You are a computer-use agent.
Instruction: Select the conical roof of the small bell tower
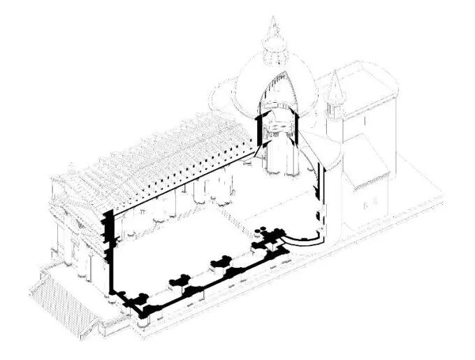(335, 88)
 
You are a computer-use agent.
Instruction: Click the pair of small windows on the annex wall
(370, 205)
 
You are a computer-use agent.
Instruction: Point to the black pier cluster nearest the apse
(268, 238)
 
